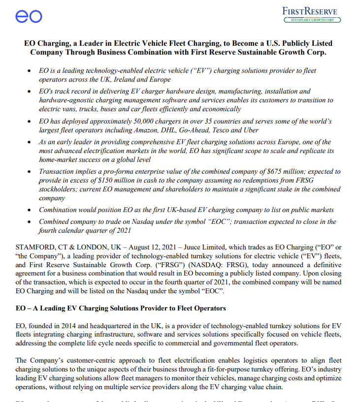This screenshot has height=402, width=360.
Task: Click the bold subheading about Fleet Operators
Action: coord(121,309)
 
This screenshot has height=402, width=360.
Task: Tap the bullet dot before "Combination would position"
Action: coord(31,210)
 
